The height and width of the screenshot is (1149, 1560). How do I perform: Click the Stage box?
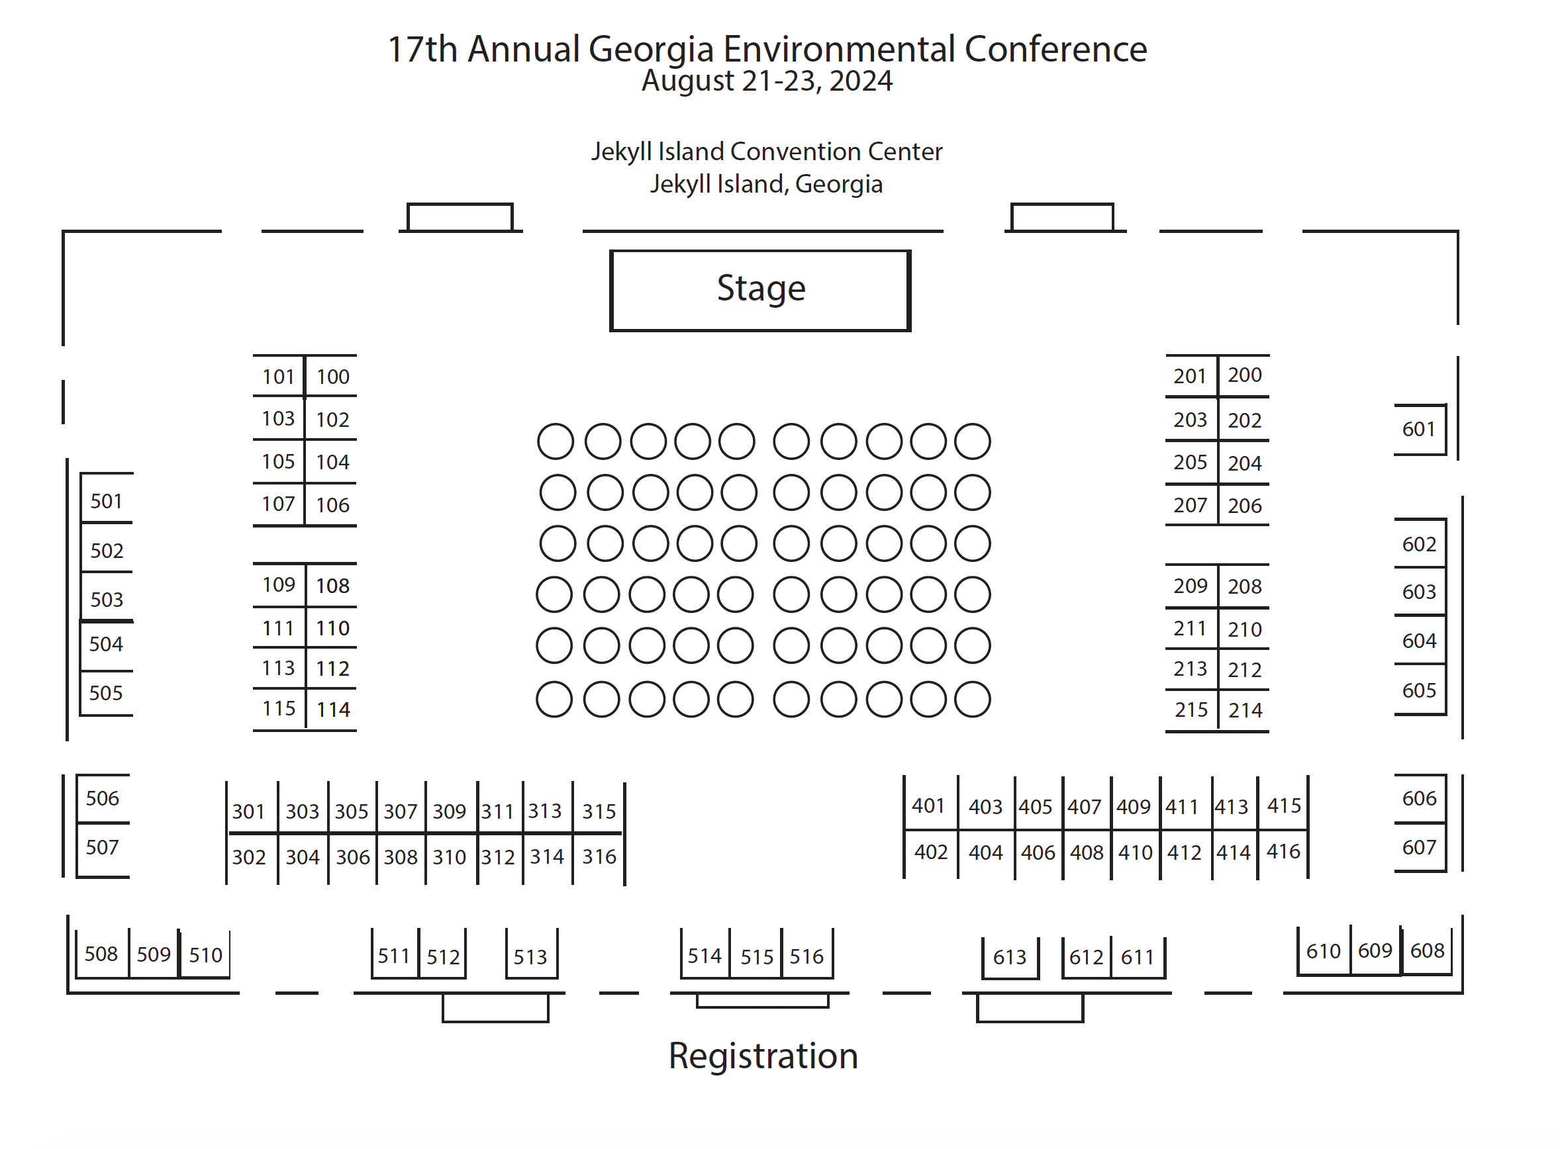click(760, 289)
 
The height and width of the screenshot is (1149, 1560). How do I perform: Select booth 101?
click(278, 377)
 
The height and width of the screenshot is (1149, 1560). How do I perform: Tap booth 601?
click(1418, 429)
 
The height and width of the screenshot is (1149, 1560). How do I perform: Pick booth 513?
click(530, 956)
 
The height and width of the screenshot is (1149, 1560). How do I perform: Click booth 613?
click(1009, 957)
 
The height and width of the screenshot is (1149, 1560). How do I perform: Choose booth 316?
click(599, 856)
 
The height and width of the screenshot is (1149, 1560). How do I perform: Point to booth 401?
click(928, 805)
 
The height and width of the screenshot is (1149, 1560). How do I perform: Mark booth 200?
click(1244, 375)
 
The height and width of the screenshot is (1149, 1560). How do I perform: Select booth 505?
click(106, 693)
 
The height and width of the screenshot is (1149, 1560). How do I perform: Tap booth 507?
click(102, 847)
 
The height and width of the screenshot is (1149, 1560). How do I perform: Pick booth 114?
click(332, 710)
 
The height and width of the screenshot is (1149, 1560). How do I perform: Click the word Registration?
click(763, 1056)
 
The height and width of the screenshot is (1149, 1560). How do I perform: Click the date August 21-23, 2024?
click(766, 81)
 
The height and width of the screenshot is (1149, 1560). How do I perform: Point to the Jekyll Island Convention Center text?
click(766, 152)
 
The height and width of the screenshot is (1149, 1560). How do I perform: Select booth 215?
click(1191, 710)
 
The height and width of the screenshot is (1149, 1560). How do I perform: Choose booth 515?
click(756, 957)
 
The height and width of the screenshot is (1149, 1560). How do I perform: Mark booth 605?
click(1419, 690)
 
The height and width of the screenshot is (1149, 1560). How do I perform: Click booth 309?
click(449, 811)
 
